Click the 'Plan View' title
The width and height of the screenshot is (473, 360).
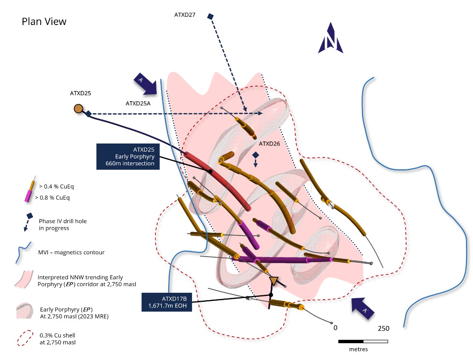point(44,22)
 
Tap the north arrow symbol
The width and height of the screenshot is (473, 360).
point(330,39)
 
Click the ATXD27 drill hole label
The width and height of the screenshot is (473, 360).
point(185,15)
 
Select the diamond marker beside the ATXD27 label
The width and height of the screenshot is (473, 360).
point(210,16)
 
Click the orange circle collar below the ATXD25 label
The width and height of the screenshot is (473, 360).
point(78,109)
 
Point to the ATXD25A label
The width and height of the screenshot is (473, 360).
point(138,103)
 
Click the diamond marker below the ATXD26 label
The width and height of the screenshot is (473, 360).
point(256,155)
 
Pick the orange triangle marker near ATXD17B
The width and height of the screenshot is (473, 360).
point(274,281)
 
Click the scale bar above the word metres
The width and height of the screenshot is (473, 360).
point(363,341)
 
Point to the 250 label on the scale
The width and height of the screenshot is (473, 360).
point(383,328)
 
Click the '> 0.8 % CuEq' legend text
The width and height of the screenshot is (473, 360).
point(53,198)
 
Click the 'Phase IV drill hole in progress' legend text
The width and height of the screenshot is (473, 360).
point(63,224)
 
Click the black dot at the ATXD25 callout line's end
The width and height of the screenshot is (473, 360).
point(210,171)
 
